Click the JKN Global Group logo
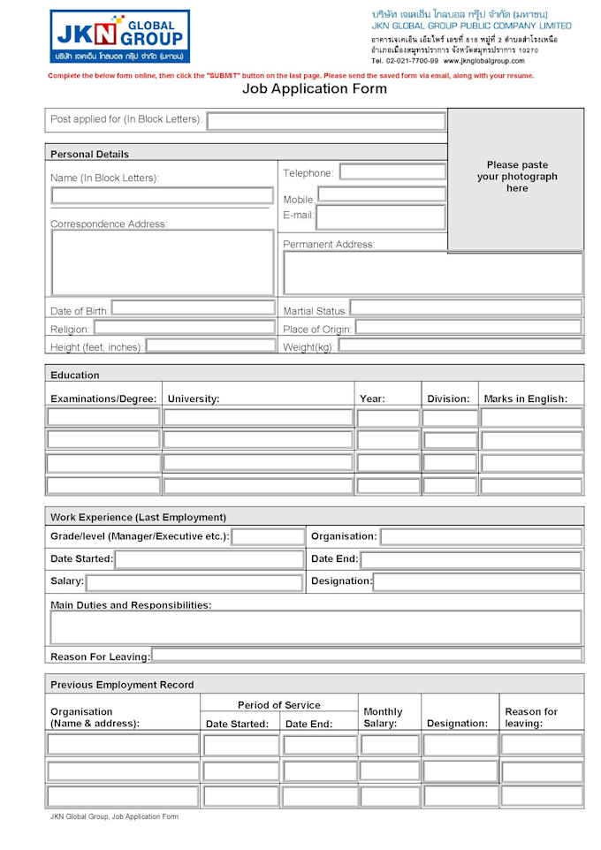coord(119,36)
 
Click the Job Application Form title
coord(314,88)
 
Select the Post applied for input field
coord(326,121)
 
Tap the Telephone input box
coord(392,172)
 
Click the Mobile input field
coord(382,194)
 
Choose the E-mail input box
coord(381,216)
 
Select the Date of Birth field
coord(193,309)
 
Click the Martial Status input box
coord(466,308)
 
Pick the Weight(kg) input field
coord(460,345)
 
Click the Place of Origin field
coord(468,328)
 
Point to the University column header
coord(194,398)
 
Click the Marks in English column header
coord(525,398)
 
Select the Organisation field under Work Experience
coord(481,536)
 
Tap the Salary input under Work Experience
coord(194,582)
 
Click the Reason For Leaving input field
coord(367,656)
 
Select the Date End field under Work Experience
coord(470,559)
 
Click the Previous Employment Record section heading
coord(122,685)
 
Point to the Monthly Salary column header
coord(383,717)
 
